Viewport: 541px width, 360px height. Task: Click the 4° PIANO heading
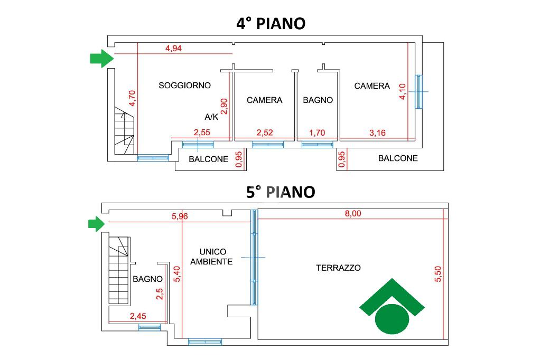[x=271, y=24]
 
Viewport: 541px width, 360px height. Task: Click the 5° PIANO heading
[x=281, y=192]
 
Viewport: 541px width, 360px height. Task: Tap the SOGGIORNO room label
[x=184, y=85]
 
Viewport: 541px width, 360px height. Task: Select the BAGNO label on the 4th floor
[x=318, y=100]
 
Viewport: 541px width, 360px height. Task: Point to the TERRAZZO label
[x=338, y=268]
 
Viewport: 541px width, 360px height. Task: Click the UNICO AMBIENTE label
[x=211, y=257]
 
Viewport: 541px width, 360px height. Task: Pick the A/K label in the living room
[x=211, y=117]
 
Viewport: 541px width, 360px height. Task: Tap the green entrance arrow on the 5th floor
[x=96, y=224]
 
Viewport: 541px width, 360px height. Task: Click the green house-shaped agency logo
[x=392, y=306]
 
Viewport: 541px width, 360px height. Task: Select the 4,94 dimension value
[x=173, y=48]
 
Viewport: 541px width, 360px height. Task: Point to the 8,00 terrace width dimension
[x=353, y=213]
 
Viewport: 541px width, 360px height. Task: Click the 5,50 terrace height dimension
[x=438, y=274]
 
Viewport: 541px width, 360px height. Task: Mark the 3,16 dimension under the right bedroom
[x=377, y=133]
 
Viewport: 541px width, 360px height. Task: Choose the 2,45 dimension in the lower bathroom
[x=138, y=316]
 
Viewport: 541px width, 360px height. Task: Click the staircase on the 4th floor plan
[x=124, y=131]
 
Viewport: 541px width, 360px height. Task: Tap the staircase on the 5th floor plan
[x=119, y=270]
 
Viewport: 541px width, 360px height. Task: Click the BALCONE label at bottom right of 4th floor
[x=398, y=158]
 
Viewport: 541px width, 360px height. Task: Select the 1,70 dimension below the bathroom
[x=317, y=133]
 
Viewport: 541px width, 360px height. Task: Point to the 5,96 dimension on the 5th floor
[x=180, y=216]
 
